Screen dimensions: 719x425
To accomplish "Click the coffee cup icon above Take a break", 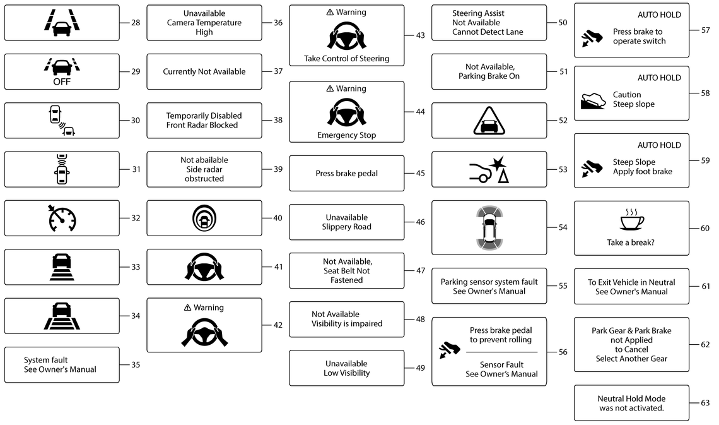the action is coord(632,219).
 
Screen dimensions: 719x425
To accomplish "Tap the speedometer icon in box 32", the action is coord(62,218).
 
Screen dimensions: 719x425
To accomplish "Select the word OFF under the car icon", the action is coord(62,81).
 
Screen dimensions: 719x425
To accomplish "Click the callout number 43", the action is coord(420,35).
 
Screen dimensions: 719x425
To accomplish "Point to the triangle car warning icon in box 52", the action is coord(489,121).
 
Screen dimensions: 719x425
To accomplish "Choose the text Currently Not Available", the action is coord(204,71).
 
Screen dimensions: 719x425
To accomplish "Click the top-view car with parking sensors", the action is coord(489,227).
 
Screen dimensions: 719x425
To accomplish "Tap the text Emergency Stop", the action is coord(347,135).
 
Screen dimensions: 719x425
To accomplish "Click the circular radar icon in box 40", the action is coord(204,218).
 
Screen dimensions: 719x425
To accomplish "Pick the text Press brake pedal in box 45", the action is coord(347,174).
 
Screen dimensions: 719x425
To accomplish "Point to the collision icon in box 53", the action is coord(489,170).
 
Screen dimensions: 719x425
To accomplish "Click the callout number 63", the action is coord(704,403).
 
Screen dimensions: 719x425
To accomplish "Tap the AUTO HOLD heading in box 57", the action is coord(659,15).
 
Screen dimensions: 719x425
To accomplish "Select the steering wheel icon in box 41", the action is coord(204,266).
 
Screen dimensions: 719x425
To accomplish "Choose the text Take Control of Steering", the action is coord(347,58).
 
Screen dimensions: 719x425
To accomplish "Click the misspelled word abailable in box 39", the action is coord(211,160).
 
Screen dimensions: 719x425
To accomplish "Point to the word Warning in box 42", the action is coord(209,308).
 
